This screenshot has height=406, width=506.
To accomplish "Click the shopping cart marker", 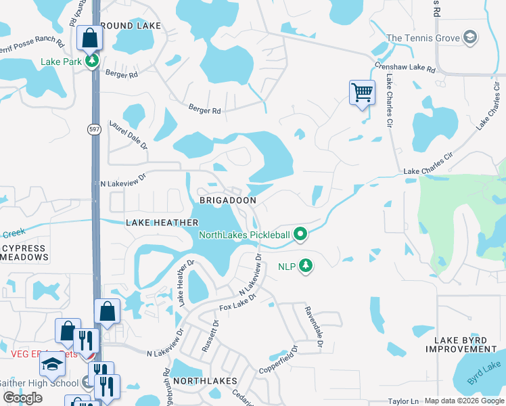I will (x=362, y=92).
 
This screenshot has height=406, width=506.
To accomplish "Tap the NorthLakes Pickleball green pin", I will (x=301, y=235).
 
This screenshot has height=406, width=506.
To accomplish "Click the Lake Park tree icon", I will (x=93, y=62).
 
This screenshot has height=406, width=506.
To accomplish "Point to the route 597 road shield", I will (x=94, y=129).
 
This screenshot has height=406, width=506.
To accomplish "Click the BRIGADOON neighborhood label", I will (x=227, y=201).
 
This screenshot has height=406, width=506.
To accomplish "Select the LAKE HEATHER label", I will (x=162, y=223).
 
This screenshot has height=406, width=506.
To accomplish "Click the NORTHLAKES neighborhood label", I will (x=206, y=381).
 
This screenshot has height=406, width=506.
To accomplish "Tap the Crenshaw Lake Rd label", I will (x=405, y=68).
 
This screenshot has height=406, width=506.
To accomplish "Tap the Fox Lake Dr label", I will (x=239, y=303).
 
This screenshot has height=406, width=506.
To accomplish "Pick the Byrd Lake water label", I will (x=487, y=372).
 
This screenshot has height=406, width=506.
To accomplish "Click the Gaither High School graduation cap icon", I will (x=51, y=364).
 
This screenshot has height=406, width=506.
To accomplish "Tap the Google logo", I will (x=22, y=398).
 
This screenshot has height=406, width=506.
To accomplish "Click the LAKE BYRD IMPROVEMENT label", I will (x=466, y=344).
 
